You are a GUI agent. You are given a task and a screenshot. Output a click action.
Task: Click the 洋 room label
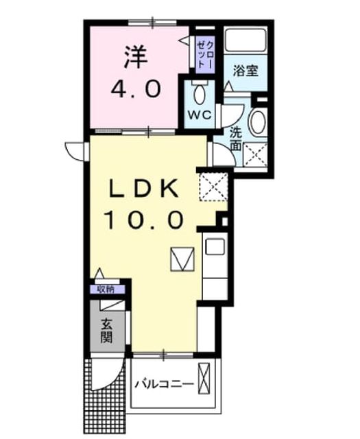coord(136,57)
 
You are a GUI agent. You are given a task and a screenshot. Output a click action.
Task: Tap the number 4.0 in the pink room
coord(136,88)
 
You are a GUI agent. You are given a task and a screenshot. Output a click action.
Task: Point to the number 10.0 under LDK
coord(144,220)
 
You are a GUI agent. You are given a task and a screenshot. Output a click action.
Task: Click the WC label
coord(200,115)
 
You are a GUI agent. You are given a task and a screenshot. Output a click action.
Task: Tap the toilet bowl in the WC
coord(199,93)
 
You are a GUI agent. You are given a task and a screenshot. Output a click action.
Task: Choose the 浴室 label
coord(245,71)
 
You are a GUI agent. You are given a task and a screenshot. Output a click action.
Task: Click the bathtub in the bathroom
coord(245,40)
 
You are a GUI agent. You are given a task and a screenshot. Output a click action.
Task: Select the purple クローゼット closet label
coord(205,55)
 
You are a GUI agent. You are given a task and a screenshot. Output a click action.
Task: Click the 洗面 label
coord(236,139)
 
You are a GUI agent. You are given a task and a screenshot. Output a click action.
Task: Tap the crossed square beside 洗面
coord(255,154)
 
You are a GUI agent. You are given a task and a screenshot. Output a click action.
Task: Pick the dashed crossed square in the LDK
coord(213,187)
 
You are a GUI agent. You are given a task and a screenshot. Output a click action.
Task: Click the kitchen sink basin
coord(215,246)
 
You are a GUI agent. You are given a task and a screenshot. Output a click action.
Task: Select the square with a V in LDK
coord(182,259)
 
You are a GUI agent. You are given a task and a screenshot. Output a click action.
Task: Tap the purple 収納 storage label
coord(106,289)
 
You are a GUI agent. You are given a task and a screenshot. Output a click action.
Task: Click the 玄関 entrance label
coord(107,331)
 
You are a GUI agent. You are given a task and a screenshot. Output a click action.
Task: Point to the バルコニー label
coord(165,383)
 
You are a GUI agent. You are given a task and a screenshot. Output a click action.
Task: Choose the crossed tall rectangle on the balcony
coord(204,378)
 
